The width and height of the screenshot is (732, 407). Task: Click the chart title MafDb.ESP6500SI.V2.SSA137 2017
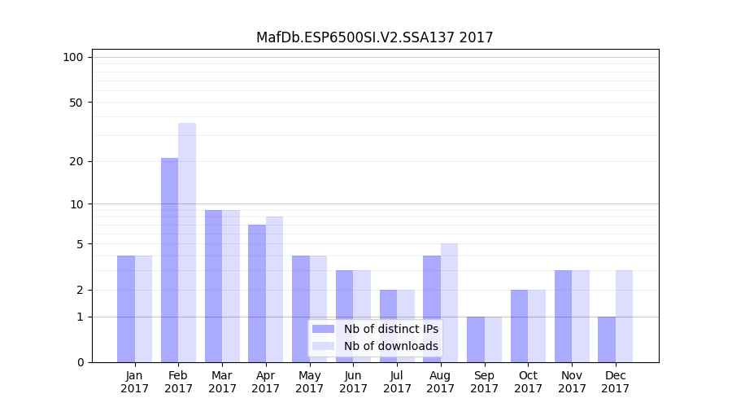click(x=374, y=37)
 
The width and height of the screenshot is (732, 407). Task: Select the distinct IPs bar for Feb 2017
click(x=169, y=260)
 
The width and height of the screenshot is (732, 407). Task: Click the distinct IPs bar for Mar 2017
click(x=213, y=286)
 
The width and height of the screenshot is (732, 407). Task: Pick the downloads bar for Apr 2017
click(x=274, y=289)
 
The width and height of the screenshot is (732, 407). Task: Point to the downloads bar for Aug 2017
click(x=449, y=303)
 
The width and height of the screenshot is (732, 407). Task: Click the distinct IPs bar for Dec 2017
click(x=607, y=339)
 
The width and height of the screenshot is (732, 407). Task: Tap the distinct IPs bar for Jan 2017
click(x=126, y=309)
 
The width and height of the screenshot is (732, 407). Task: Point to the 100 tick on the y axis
click(x=73, y=57)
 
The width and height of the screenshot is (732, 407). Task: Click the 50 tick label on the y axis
click(x=76, y=103)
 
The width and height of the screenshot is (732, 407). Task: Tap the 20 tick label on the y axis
click(x=76, y=161)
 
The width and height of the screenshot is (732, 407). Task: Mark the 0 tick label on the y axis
click(x=80, y=362)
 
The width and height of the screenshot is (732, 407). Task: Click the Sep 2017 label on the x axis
click(x=484, y=382)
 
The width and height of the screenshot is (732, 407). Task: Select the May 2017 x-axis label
click(x=309, y=382)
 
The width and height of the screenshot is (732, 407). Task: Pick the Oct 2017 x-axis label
click(x=528, y=382)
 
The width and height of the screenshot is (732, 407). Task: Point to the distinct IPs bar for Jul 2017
click(x=388, y=326)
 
